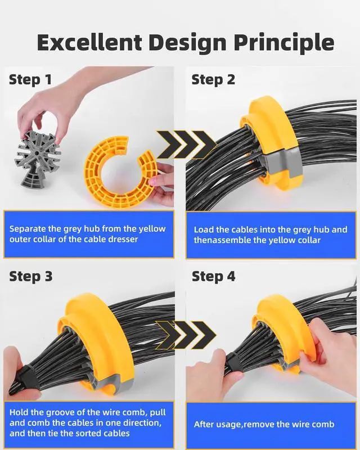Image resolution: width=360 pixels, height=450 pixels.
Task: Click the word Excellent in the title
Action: [89, 42]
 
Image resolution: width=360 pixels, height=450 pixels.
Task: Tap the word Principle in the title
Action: [283, 43]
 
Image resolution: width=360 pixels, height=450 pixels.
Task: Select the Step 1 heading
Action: [30, 79]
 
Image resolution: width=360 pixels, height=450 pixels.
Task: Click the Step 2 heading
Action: [213, 79]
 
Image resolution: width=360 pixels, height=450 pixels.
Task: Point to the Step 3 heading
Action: [31, 276]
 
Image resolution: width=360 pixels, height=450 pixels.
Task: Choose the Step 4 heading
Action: [214, 276]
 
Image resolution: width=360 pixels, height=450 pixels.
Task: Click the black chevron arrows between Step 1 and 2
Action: [186, 145]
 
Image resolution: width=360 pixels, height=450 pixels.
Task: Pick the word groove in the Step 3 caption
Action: [60, 413]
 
